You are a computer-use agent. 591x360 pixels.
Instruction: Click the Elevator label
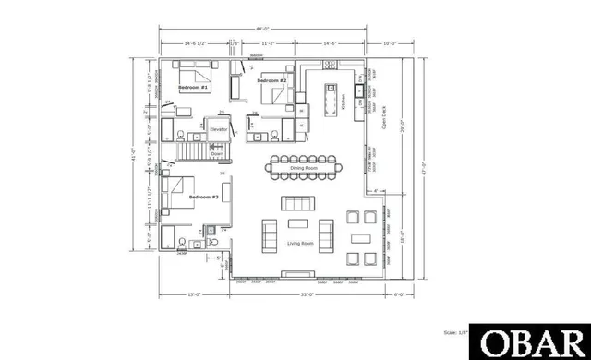coord(219,130)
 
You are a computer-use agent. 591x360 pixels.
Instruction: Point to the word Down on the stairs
coord(217,154)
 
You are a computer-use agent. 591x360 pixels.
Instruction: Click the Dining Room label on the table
coord(303,168)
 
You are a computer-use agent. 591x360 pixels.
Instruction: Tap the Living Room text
coord(301,243)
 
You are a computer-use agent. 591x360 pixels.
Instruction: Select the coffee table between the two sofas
coord(298,224)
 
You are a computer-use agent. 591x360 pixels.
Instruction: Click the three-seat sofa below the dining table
coord(298,203)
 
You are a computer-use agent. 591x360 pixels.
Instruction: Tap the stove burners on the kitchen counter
coord(329,65)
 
